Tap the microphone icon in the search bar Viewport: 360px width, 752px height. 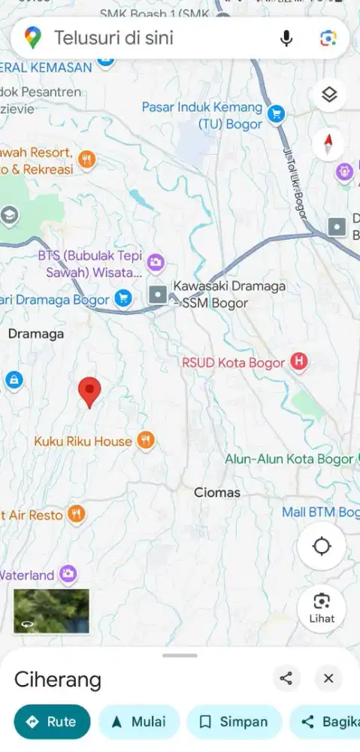pos(286,38)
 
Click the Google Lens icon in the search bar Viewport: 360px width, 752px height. pos(328,38)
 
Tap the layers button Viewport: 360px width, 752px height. pos(329,95)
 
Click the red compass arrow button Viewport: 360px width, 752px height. pos(329,144)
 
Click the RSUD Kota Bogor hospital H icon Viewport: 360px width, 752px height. pos(300,362)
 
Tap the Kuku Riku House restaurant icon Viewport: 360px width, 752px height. pos(146,441)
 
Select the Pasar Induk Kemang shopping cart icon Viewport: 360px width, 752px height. pos(277,115)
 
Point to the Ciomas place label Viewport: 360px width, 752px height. pos(217,493)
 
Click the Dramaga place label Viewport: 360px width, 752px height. pos(36,334)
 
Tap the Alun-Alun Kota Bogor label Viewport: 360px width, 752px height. pos(289,459)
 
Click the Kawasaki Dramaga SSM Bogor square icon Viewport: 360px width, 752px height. pos(158,295)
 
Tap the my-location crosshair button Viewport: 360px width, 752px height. pos(322,546)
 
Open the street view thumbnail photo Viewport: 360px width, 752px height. pos(51,611)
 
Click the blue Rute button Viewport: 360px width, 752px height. pos(52,722)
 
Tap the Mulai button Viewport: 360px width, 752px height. pos(139,722)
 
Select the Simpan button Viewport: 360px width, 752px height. pos(234,722)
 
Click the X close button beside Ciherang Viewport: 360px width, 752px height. pos(328,678)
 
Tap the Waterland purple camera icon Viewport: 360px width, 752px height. pos(68,575)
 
